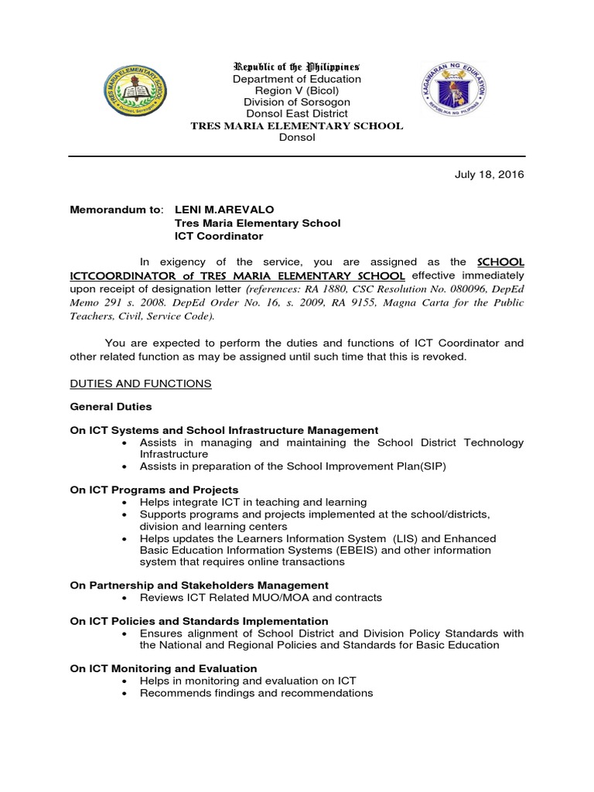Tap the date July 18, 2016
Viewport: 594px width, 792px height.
[489, 175]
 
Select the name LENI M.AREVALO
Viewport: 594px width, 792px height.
[224, 210]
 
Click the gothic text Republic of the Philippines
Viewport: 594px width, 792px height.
[297, 67]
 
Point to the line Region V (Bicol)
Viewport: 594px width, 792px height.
[297, 90]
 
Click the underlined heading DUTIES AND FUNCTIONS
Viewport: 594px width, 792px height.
[140, 384]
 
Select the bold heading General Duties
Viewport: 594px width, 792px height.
[111, 406]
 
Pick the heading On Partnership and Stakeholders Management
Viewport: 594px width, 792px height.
[199, 585]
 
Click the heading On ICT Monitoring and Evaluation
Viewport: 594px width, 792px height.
[163, 667]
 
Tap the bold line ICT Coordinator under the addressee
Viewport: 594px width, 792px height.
[219, 236]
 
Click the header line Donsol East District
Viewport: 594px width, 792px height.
[297, 114]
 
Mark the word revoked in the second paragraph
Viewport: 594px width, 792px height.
[445, 357]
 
